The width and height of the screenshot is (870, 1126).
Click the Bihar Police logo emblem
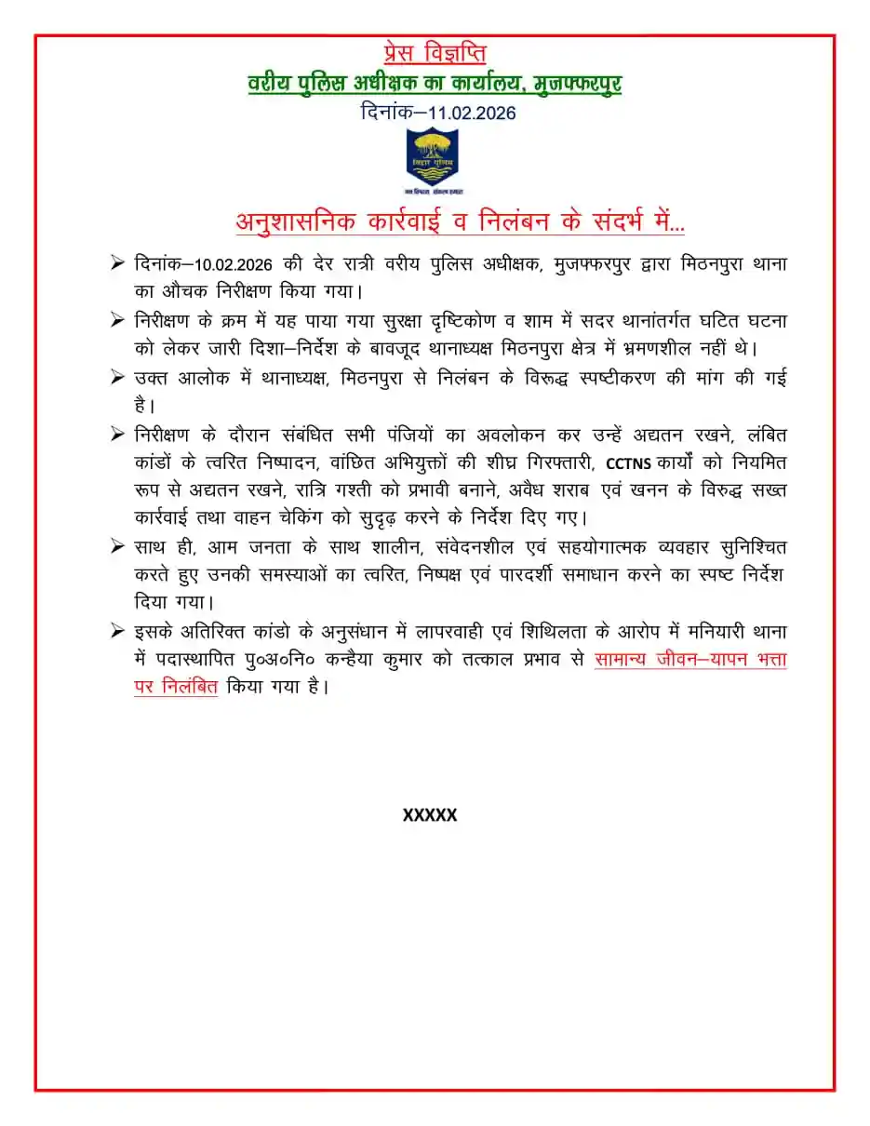click(433, 160)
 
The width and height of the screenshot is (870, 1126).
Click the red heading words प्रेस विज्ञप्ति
click(435, 54)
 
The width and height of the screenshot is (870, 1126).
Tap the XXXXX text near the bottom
click(430, 815)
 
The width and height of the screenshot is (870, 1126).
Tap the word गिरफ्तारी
click(541, 462)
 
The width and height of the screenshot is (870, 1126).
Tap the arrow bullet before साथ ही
click(117, 546)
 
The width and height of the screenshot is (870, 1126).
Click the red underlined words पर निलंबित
click(176, 689)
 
